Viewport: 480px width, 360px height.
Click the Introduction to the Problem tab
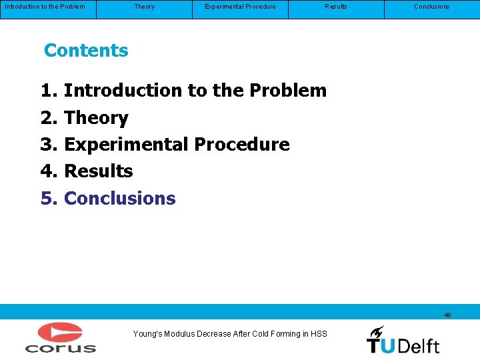tap(45, 7)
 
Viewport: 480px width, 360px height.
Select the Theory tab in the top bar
tap(144, 7)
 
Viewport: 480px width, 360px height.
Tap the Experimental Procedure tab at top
tap(240, 7)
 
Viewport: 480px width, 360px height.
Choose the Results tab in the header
tap(335, 7)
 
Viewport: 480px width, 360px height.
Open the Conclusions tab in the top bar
tap(431, 7)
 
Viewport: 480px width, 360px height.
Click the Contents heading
tap(86, 51)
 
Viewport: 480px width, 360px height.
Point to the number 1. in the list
tap(50, 91)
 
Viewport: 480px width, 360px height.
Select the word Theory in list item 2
tap(97, 118)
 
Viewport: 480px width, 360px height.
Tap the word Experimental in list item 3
tap(127, 145)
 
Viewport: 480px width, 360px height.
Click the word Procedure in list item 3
tap(242, 145)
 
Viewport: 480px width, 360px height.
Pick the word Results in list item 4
tap(99, 171)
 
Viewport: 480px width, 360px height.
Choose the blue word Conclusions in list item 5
tap(120, 199)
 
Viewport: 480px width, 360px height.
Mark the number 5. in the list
tap(50, 199)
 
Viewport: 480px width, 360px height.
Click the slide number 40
tap(447, 315)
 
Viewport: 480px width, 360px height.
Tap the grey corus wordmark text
tap(60, 347)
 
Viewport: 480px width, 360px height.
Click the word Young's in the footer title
tap(148, 333)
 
